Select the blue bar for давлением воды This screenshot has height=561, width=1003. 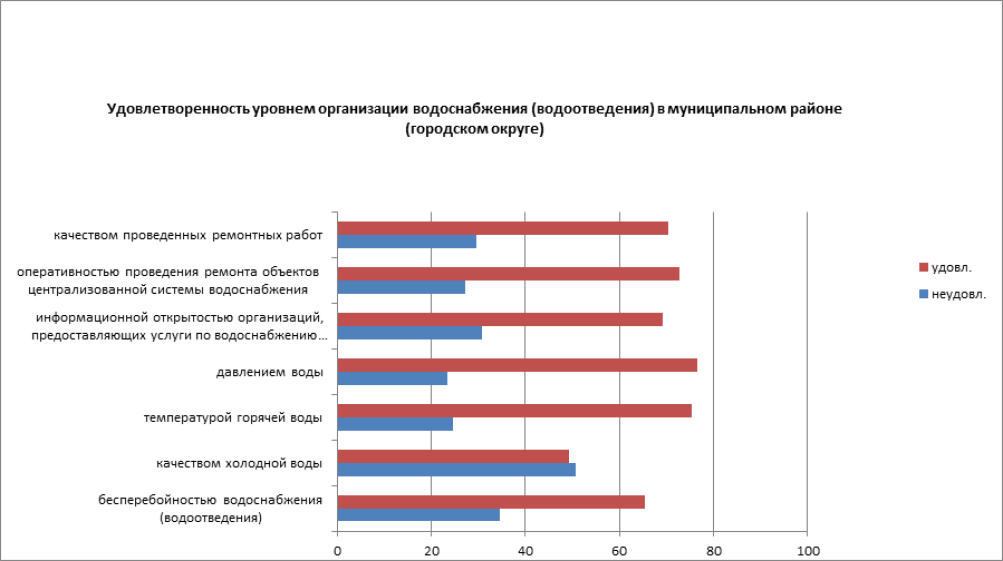392,378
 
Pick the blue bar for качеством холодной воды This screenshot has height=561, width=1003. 456,469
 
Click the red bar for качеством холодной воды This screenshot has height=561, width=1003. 453,456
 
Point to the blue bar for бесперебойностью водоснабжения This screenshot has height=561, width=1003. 418,514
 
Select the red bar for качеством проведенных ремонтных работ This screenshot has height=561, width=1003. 502,228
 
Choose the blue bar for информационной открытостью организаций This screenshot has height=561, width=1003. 409,332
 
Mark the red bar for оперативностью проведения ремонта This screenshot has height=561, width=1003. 508,274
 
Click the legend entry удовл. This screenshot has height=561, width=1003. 950,268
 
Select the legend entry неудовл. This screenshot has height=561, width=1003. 957,294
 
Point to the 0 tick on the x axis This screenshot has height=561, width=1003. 338,550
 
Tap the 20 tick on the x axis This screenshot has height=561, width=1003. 431,550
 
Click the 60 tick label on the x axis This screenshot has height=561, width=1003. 619,550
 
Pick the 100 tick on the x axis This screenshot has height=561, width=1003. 806,550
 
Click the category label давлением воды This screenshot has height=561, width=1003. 269,372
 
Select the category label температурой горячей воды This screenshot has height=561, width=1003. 233,417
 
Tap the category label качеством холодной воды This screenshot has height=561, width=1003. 239,463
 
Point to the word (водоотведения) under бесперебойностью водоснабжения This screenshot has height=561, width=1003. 210,518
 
